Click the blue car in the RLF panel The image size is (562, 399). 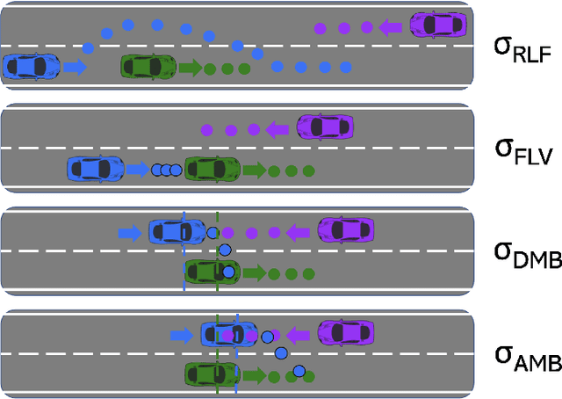click(31, 66)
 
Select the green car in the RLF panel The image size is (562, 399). click(150, 66)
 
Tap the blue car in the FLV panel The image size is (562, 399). click(97, 168)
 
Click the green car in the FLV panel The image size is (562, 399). click(213, 168)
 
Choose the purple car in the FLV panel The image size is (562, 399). click(325, 128)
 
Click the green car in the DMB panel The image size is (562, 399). click(212, 272)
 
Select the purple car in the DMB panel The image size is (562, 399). click(345, 231)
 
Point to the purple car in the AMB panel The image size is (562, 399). click(346, 334)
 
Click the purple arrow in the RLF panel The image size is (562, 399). click(390, 28)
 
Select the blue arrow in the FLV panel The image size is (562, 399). click(136, 168)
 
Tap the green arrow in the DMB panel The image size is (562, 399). click(254, 272)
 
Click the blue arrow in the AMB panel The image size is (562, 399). click(182, 335)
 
